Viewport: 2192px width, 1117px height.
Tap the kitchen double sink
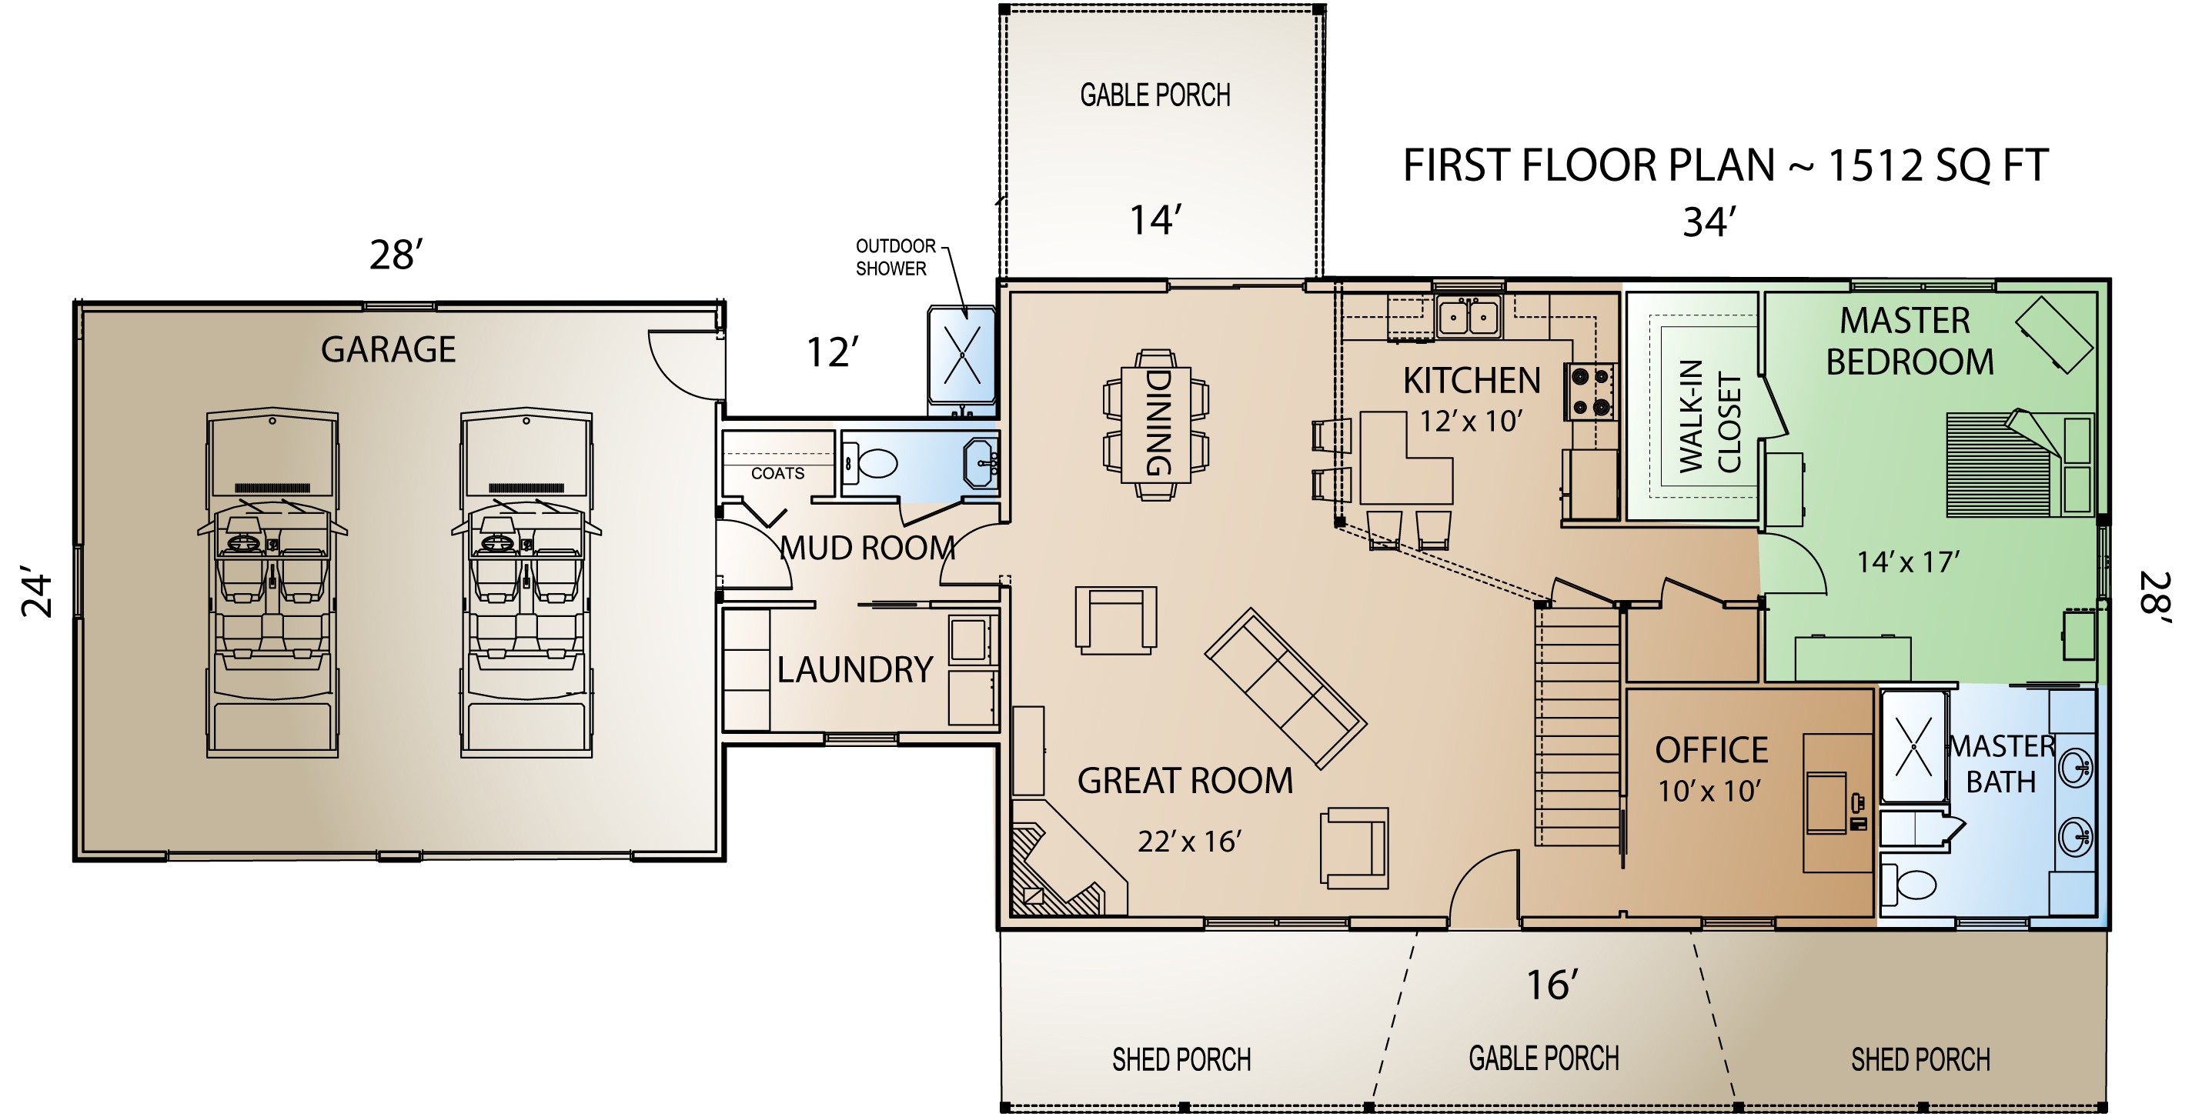[1468, 317]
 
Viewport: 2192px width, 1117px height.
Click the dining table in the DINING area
[1155, 424]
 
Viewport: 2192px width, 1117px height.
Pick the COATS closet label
[777, 474]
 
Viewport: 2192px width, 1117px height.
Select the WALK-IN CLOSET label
[1710, 417]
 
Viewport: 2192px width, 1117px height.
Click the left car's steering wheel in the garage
[243, 541]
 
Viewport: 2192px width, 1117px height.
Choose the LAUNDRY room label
[854, 670]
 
